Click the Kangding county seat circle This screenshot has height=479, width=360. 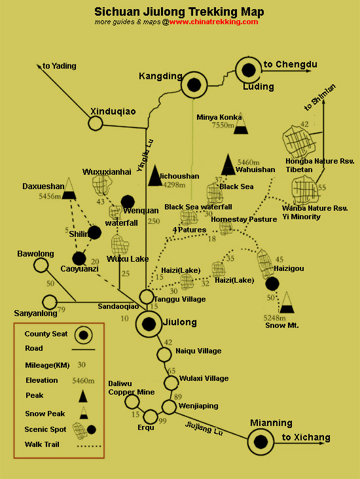pyautogui.click(x=194, y=84)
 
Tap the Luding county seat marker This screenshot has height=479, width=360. pyautogui.click(x=249, y=70)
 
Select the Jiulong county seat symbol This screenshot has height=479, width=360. pyautogui.click(x=149, y=324)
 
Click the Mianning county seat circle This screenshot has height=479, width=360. pyautogui.click(x=261, y=442)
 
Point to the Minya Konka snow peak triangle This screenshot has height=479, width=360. pyautogui.click(x=241, y=124)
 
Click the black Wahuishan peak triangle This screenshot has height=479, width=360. pyautogui.click(x=228, y=164)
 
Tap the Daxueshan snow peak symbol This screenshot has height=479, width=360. pyautogui.click(x=69, y=188)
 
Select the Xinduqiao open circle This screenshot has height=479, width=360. pyautogui.click(x=96, y=124)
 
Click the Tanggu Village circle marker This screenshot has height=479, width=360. pyautogui.click(x=147, y=296)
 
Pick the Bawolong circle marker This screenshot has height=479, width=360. pyautogui.click(x=41, y=265)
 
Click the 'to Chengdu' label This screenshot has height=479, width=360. pyautogui.click(x=291, y=65)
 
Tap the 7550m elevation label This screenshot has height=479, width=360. pyautogui.click(x=223, y=125)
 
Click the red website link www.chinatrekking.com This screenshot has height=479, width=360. pyautogui.click(x=213, y=22)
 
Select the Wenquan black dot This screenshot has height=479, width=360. pyautogui.click(x=128, y=202)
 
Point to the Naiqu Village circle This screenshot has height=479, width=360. pyautogui.click(x=164, y=355)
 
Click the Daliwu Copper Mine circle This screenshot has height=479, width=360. pyautogui.click(x=132, y=402)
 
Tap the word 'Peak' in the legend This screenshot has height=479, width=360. pyautogui.click(x=35, y=395)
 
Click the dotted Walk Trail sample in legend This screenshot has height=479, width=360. pyautogui.click(x=89, y=446)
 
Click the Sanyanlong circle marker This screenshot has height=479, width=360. pyautogui.click(x=50, y=302)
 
